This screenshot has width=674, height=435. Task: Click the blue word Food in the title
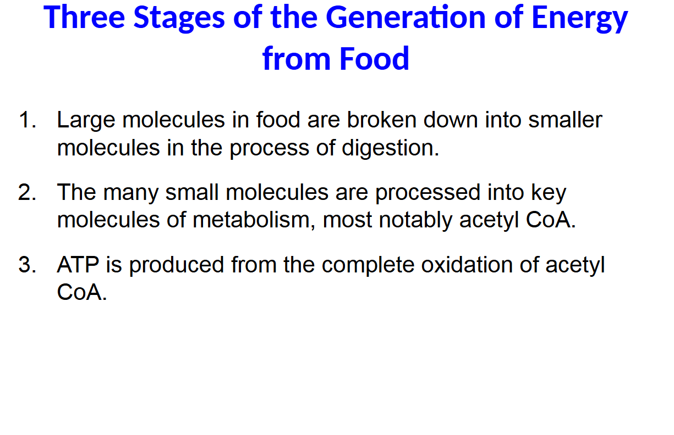(374, 58)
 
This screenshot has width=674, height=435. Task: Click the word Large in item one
(86, 120)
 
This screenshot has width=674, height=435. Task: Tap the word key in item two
(549, 192)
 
